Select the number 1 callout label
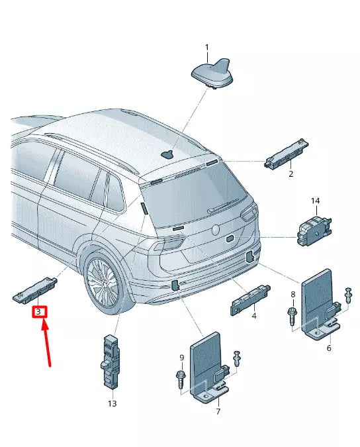[206, 48]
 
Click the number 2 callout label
[290, 174]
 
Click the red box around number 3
[39, 311]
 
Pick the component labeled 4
[251, 297]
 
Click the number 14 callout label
[315, 200]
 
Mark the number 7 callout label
[218, 411]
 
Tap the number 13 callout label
[112, 403]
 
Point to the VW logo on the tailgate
[216, 229]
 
